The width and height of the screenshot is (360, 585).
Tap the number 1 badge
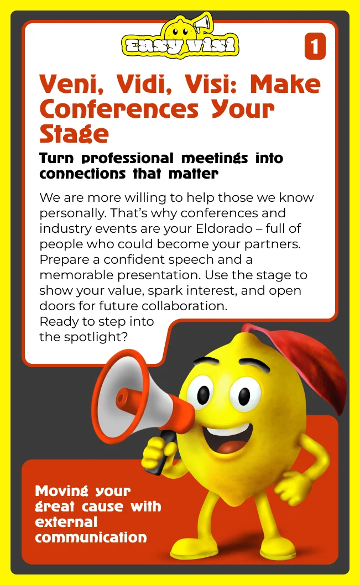point(315,46)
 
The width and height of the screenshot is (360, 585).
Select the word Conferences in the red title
point(119,109)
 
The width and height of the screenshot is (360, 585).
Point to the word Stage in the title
point(74,134)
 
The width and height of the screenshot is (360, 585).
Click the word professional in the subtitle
point(128,159)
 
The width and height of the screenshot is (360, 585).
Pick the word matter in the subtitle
point(193,174)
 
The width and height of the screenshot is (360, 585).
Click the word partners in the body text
point(272,244)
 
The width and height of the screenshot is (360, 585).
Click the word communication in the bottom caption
point(91,537)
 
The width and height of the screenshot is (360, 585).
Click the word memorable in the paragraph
point(77,275)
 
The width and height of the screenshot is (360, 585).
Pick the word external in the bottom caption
point(66,522)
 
